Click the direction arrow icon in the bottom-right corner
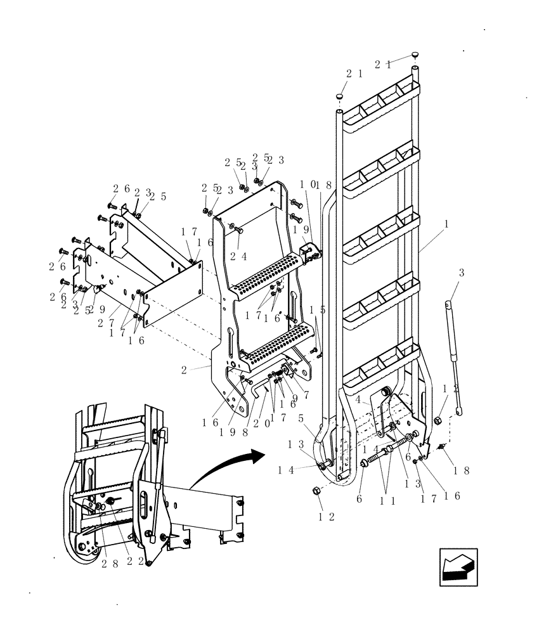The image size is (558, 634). click(458, 567)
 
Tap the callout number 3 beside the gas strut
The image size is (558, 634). click(462, 273)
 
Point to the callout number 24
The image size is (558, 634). click(238, 257)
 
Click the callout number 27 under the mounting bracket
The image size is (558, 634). click(106, 322)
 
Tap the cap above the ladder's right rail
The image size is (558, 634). click(415, 55)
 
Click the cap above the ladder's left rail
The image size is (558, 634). click(340, 96)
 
